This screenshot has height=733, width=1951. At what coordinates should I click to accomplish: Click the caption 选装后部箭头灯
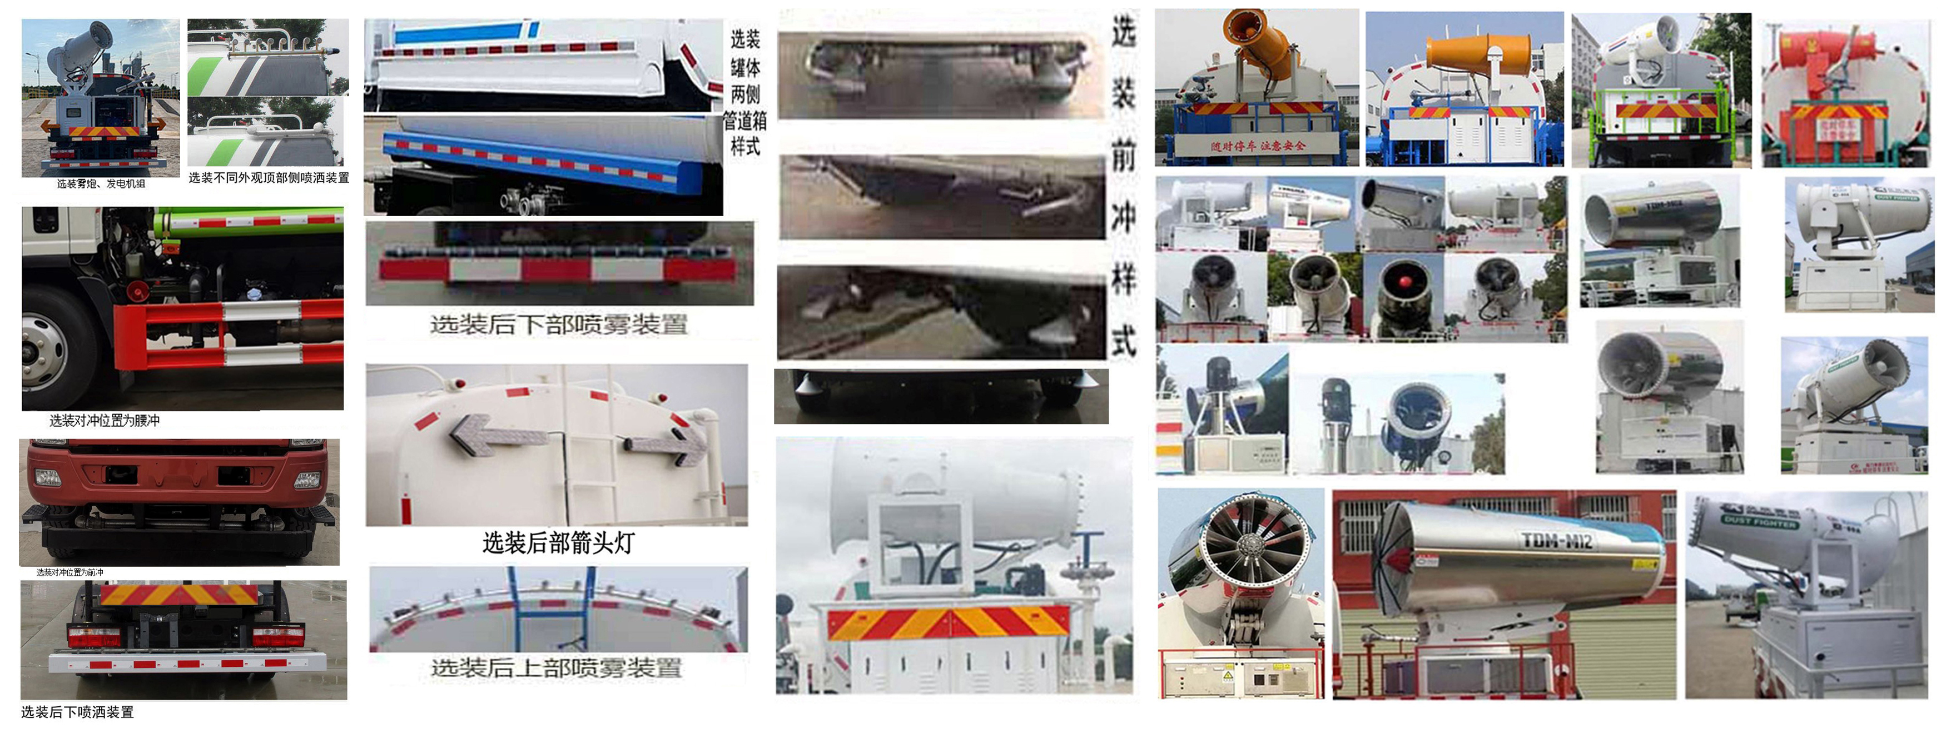(x=558, y=543)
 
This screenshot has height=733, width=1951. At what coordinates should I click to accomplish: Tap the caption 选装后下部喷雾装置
(x=559, y=325)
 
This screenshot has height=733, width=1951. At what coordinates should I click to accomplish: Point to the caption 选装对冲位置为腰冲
(x=105, y=420)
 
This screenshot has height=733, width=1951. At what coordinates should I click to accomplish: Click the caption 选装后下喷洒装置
(x=77, y=712)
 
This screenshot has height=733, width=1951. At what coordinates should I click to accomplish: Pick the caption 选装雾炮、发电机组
(x=101, y=184)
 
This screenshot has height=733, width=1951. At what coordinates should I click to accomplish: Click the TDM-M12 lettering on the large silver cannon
(x=1556, y=540)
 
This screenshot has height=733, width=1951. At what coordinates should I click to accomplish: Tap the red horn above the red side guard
(x=137, y=290)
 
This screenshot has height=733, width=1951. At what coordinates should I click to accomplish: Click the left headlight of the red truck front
(x=48, y=478)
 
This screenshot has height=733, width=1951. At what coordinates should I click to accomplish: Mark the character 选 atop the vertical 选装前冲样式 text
(x=1124, y=32)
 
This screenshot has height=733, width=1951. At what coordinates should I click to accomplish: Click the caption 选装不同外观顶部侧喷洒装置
(x=269, y=178)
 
